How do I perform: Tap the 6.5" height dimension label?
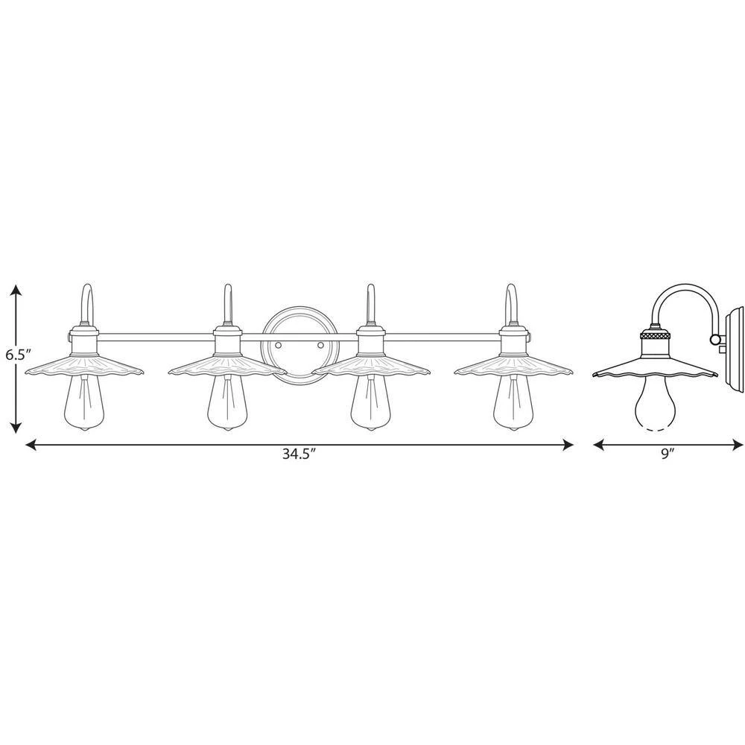16,355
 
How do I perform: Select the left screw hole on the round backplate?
277,346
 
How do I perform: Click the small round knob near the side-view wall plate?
716,340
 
